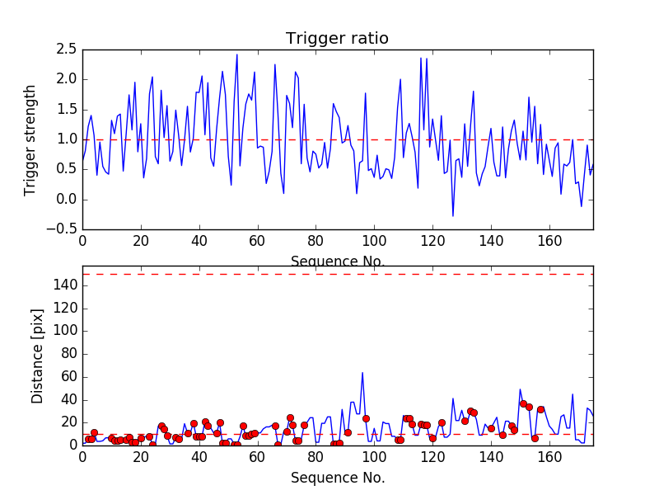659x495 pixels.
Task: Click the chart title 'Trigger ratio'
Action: [x=337, y=39]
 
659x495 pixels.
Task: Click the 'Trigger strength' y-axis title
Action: [x=30, y=139]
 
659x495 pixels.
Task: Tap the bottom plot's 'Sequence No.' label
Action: [x=337, y=478]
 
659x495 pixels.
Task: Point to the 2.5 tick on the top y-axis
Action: [x=67, y=49]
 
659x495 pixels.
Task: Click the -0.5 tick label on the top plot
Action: [x=63, y=229]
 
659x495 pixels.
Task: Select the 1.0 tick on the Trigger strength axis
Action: [x=67, y=139]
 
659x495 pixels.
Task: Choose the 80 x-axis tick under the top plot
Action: [x=315, y=241]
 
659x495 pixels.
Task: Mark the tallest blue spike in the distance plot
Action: [x=362, y=373]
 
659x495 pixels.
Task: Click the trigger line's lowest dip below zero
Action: [x=452, y=216]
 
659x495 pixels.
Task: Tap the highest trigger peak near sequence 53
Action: [x=237, y=55]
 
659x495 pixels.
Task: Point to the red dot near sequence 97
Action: [x=366, y=418]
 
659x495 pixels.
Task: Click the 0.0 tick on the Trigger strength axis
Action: [x=67, y=200]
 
